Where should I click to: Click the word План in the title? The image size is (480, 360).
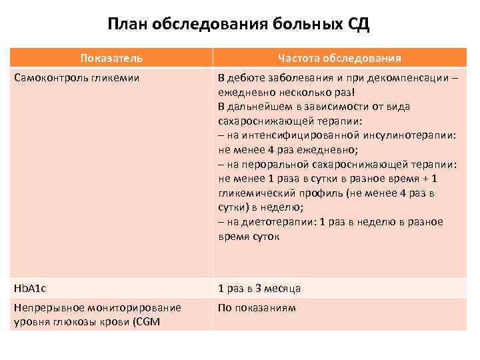[x=128, y=26]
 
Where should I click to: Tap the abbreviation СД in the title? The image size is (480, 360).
[x=355, y=26]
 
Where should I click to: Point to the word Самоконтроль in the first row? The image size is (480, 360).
[x=49, y=78]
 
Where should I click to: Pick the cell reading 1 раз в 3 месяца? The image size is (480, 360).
[x=259, y=289]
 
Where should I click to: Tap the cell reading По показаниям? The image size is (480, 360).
[x=257, y=308]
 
